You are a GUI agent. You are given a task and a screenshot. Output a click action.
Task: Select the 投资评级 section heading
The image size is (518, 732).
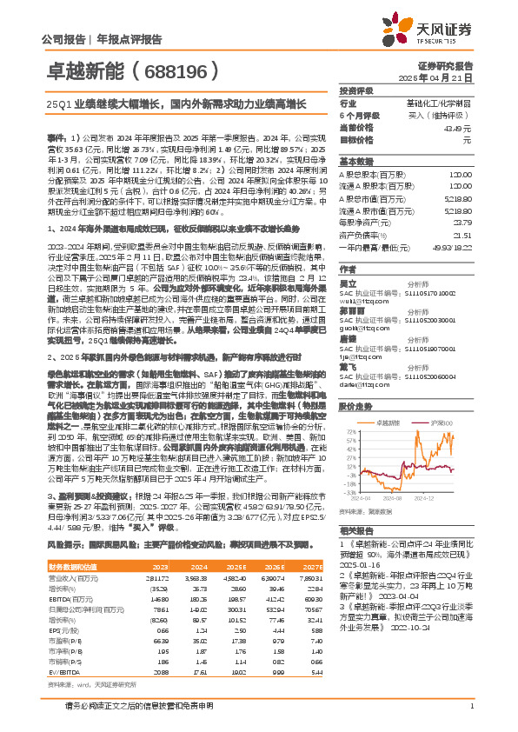(x=356, y=90)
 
